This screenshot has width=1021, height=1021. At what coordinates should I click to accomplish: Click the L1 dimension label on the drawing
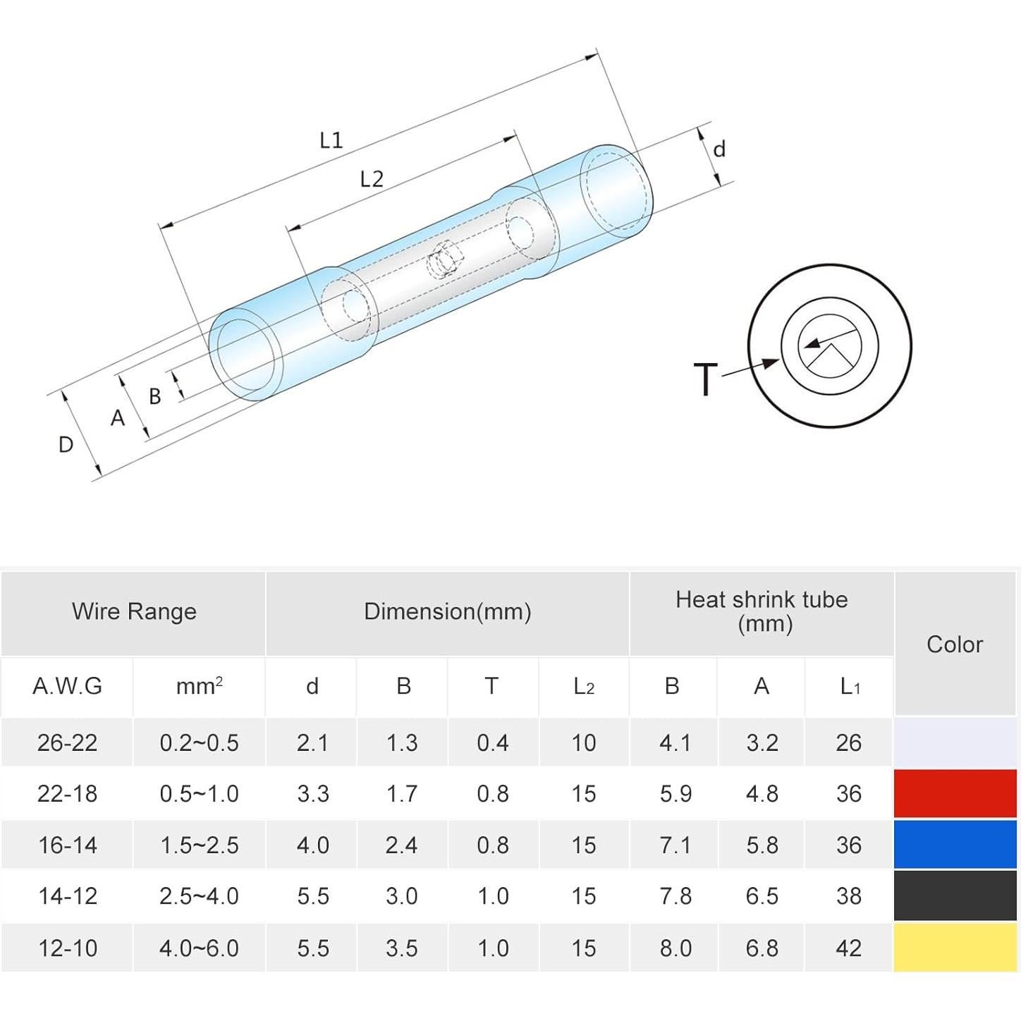pyautogui.click(x=331, y=140)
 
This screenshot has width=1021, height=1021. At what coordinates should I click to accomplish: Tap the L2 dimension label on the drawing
pyautogui.click(x=372, y=179)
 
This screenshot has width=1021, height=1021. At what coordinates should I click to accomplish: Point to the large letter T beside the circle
pyautogui.click(x=706, y=379)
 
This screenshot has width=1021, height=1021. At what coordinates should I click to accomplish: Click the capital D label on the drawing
pyautogui.click(x=66, y=444)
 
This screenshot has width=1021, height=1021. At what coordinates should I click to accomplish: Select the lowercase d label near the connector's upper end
pyautogui.click(x=719, y=149)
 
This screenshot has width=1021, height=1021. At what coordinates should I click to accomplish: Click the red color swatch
pyautogui.click(x=955, y=793)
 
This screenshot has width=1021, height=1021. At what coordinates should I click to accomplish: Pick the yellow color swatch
pyautogui.click(x=955, y=948)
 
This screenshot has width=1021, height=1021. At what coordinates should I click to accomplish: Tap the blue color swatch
pyautogui.click(x=955, y=845)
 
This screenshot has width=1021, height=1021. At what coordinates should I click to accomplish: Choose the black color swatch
pyautogui.click(x=955, y=896)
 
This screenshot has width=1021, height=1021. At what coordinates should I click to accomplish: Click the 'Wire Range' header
pyautogui.click(x=134, y=611)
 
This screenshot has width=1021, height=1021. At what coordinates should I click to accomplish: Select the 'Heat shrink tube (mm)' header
pyautogui.click(x=762, y=611)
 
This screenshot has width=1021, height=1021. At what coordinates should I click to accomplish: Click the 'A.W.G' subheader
pyautogui.click(x=67, y=686)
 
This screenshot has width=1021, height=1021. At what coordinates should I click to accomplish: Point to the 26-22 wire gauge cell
pyautogui.click(x=67, y=743)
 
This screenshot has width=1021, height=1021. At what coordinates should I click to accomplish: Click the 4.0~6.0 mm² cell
pyautogui.click(x=200, y=948)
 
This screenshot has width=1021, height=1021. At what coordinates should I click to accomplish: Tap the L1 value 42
pyautogui.click(x=849, y=948)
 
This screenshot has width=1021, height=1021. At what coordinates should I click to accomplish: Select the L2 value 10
pyautogui.click(x=583, y=743)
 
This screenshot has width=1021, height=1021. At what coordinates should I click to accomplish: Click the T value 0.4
pyautogui.click(x=493, y=743)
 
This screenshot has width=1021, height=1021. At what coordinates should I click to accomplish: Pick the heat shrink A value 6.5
pyautogui.click(x=762, y=896)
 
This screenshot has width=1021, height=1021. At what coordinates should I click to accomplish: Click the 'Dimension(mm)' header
pyautogui.click(x=448, y=611)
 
